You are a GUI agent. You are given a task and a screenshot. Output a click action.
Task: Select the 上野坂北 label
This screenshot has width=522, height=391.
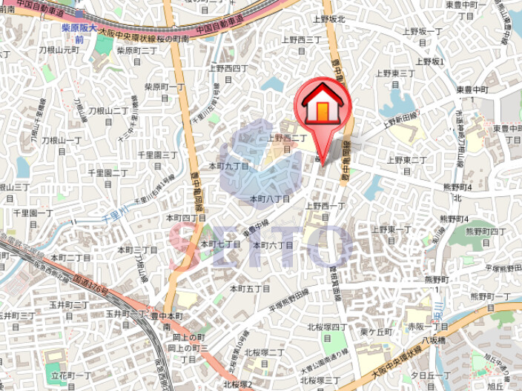pyautogui.click(x=329, y=19)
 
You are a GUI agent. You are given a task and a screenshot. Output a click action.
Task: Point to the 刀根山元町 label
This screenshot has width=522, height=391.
pyautogui.click(x=59, y=50)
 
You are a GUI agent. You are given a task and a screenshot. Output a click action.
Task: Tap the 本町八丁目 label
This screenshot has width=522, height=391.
pyautogui.click(x=270, y=198)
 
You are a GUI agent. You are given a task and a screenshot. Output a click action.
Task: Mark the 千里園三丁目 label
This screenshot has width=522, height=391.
pyautogui.click(x=158, y=159)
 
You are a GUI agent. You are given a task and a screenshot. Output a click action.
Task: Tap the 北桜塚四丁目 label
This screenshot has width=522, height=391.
pyautogui.click(x=327, y=330)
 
